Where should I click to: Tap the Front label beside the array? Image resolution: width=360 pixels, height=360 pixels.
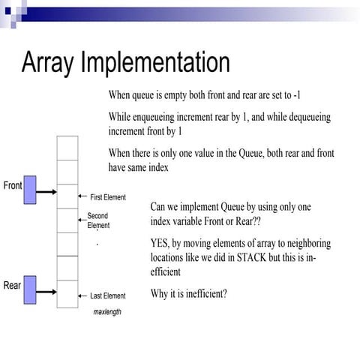click(13, 185)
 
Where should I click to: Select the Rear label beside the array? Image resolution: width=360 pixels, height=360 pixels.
click(12, 285)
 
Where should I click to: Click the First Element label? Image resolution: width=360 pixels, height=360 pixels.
click(108, 197)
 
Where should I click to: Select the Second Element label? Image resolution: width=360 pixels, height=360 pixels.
click(98, 220)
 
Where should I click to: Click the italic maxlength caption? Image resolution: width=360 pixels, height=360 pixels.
click(107, 311)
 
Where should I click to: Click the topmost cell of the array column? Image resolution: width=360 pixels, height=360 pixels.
click(67, 148)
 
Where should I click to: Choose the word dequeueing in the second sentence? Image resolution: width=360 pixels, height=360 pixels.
click(304, 118)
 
